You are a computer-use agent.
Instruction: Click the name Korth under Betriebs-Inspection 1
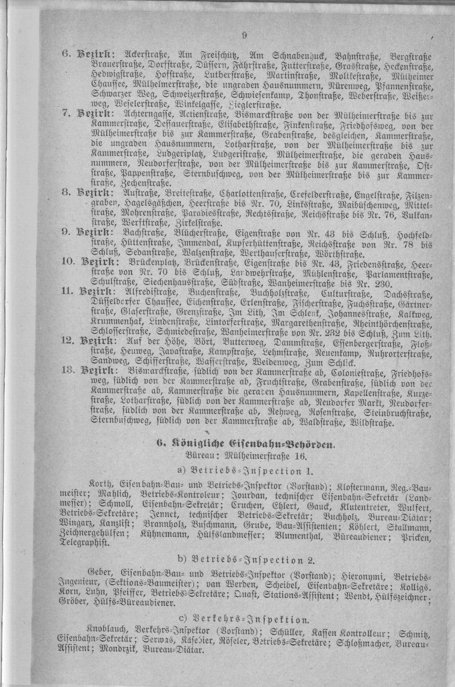99,485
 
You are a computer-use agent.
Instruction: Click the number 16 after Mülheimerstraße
299,456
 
